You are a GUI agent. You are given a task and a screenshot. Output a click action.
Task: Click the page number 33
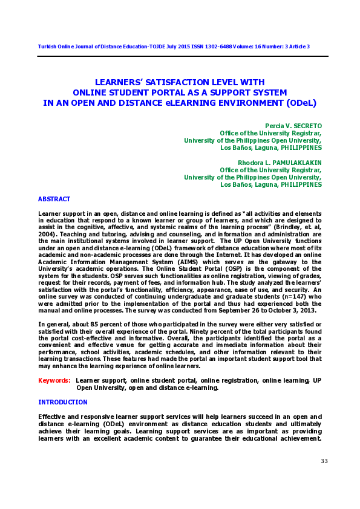pos(324,462)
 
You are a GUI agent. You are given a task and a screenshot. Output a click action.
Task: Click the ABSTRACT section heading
pos(54,199)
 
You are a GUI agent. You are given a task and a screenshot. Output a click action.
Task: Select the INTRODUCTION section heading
pos(63,402)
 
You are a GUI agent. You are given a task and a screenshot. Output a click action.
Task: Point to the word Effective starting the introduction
pos(52,417)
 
